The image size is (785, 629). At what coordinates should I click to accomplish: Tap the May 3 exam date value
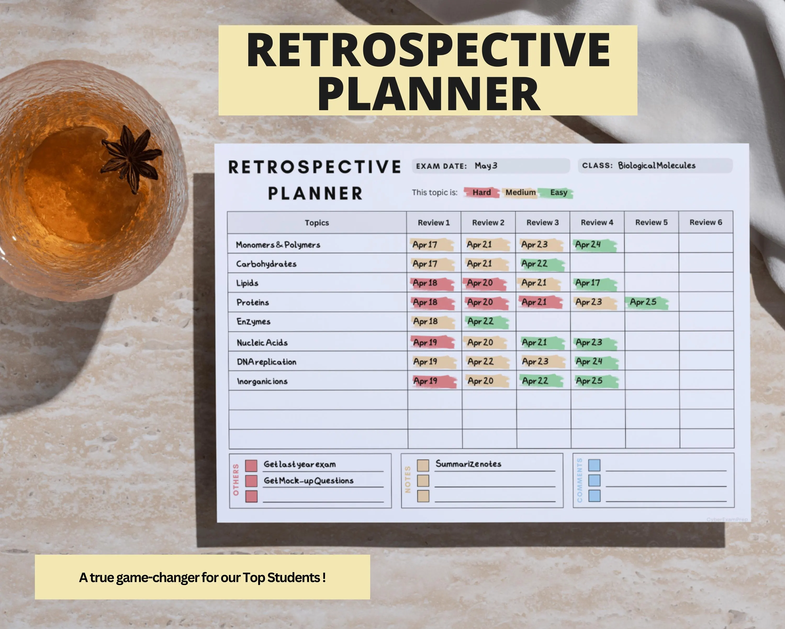coord(486,166)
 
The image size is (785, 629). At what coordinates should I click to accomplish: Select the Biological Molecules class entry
coord(657,166)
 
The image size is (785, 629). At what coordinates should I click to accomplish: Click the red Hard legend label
coord(481,193)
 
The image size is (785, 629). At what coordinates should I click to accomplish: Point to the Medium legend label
coord(520,193)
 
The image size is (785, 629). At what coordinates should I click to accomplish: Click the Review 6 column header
coord(706,222)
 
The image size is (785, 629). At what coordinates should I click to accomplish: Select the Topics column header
coord(317,223)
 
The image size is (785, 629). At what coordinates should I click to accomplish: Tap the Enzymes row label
coord(253,321)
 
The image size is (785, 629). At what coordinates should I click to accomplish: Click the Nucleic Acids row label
coord(262,342)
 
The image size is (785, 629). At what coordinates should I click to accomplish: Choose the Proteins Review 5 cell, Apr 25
coord(647,302)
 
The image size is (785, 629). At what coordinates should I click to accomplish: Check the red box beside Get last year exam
coord(251,465)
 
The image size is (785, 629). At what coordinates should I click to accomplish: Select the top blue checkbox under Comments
coord(594,465)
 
